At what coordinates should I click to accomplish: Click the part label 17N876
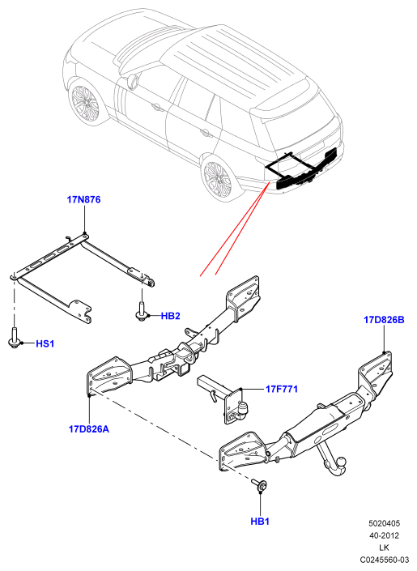click(83, 199)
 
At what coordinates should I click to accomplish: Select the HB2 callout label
click(170, 316)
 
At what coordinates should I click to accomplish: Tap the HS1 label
click(45, 343)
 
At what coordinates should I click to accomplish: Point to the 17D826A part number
click(89, 429)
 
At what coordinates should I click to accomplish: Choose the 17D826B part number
click(384, 320)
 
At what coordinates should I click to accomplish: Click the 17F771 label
click(282, 389)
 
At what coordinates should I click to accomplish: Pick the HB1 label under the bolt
click(260, 522)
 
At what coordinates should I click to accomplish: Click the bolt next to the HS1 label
click(14, 338)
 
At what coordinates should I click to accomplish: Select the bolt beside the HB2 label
click(141, 311)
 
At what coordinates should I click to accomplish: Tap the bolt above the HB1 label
click(259, 485)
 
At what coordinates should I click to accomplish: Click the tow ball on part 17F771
click(243, 407)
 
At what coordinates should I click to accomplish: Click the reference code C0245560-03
click(385, 560)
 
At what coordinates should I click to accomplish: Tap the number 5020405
click(385, 523)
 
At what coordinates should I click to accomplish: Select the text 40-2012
click(385, 535)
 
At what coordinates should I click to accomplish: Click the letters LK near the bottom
click(385, 548)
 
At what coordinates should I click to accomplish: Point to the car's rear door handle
click(206, 133)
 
